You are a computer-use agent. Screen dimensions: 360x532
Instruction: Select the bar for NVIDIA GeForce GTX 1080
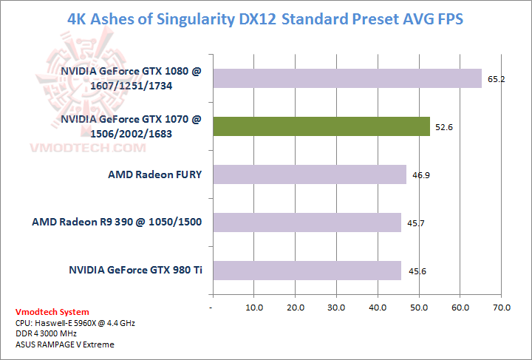(x=347, y=78)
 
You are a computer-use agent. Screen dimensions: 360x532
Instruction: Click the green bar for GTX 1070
(x=321, y=126)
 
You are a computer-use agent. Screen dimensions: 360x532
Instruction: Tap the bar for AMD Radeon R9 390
(x=307, y=223)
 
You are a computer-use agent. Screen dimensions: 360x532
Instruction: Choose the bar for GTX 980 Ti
(x=306, y=271)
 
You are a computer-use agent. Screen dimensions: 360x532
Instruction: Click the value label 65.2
(x=496, y=79)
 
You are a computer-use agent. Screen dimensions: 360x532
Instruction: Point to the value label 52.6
(x=444, y=127)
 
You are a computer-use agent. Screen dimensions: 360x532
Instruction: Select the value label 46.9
(x=420, y=175)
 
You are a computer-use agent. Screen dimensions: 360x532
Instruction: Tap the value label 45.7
(x=415, y=223)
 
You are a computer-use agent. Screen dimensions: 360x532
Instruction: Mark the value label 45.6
(x=415, y=271)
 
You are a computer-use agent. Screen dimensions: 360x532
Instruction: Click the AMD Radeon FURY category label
(x=155, y=175)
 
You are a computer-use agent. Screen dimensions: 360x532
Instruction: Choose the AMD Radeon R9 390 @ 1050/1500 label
(x=117, y=222)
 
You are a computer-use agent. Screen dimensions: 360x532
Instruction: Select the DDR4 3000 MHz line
(x=46, y=333)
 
